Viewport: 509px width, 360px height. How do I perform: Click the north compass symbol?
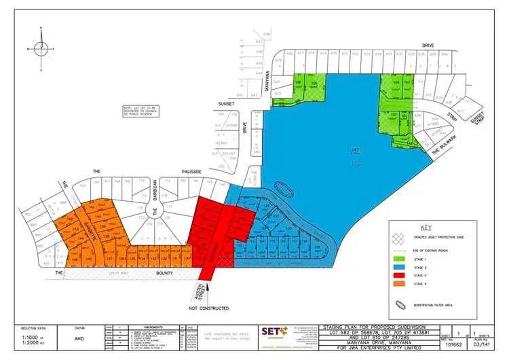click(41, 47)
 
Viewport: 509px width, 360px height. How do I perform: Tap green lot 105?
click(314, 85)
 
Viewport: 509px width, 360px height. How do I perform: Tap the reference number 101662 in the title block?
click(442, 346)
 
